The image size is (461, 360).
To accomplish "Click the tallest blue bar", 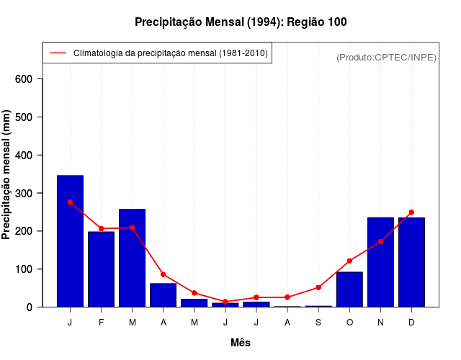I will (x=70, y=241).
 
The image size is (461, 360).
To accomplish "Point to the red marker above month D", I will (x=411, y=212).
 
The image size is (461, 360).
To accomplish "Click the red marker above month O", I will (x=349, y=261).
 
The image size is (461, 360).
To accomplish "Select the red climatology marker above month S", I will (x=318, y=287).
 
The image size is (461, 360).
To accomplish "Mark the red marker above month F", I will (x=101, y=228).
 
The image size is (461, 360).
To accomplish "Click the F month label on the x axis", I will (x=101, y=323).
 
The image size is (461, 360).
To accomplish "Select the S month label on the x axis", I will (x=318, y=323).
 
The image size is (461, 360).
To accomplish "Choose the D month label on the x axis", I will (x=411, y=323).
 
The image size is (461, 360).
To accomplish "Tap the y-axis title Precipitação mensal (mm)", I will (x=7, y=174).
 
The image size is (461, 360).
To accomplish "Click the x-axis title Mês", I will (x=241, y=343).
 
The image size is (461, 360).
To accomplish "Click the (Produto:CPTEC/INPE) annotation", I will (x=387, y=57).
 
